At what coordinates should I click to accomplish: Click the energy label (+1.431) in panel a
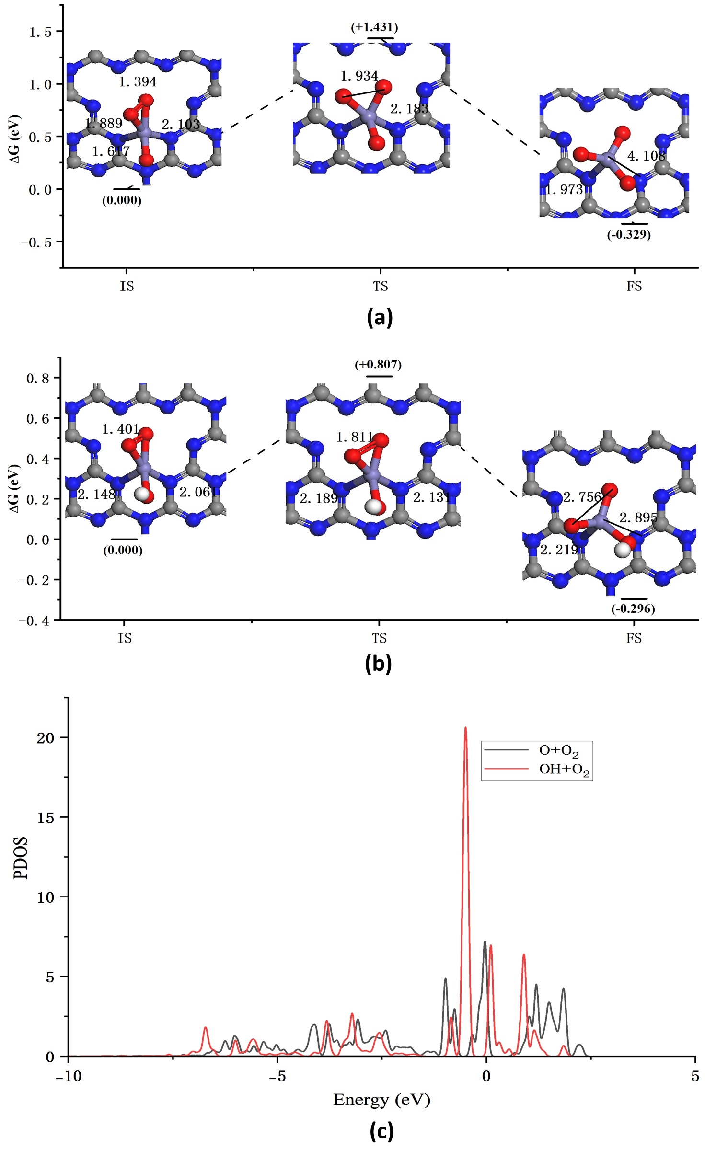(374, 27)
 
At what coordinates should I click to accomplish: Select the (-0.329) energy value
(629, 235)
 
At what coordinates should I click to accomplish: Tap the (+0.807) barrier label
(378, 365)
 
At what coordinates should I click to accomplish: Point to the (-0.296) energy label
(633, 609)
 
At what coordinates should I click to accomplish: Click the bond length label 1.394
(138, 82)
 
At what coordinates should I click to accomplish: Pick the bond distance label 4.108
(646, 156)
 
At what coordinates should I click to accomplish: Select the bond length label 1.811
(355, 437)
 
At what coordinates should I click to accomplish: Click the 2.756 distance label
(582, 497)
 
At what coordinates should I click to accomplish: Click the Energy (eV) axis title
(381, 1100)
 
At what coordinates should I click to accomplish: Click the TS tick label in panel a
(381, 287)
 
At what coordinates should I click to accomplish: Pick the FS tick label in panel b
(634, 639)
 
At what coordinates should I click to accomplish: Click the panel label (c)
(381, 1131)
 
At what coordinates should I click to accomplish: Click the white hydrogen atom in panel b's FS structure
(623, 550)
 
